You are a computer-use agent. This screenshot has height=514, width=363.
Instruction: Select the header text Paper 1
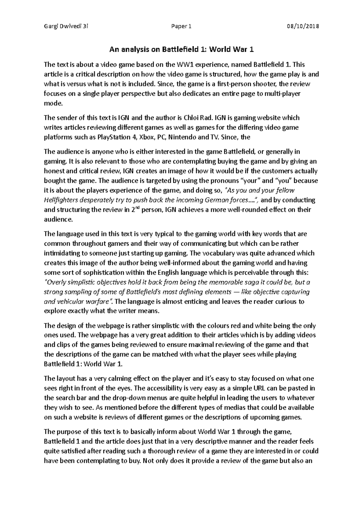click(181, 26)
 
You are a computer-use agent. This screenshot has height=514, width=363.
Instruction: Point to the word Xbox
click(146, 137)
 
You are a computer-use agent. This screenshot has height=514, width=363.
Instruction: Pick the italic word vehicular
click(69, 301)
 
